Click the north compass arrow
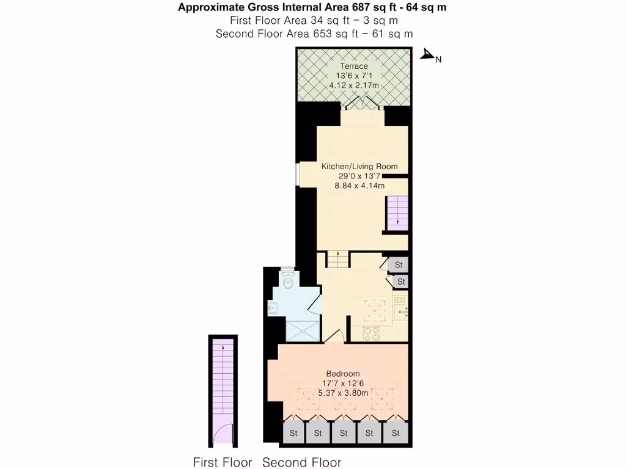[427, 56]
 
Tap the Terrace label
[354, 66]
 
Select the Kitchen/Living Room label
[359, 166]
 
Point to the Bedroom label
[342, 374]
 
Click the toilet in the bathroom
[289, 282]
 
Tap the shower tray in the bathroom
[303, 330]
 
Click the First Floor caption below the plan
[223, 462]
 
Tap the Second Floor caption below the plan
[301, 462]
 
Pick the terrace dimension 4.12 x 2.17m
[354, 85]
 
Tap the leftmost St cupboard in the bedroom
[293, 434]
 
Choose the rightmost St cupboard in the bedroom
[396, 434]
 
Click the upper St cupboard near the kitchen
[399, 265]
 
